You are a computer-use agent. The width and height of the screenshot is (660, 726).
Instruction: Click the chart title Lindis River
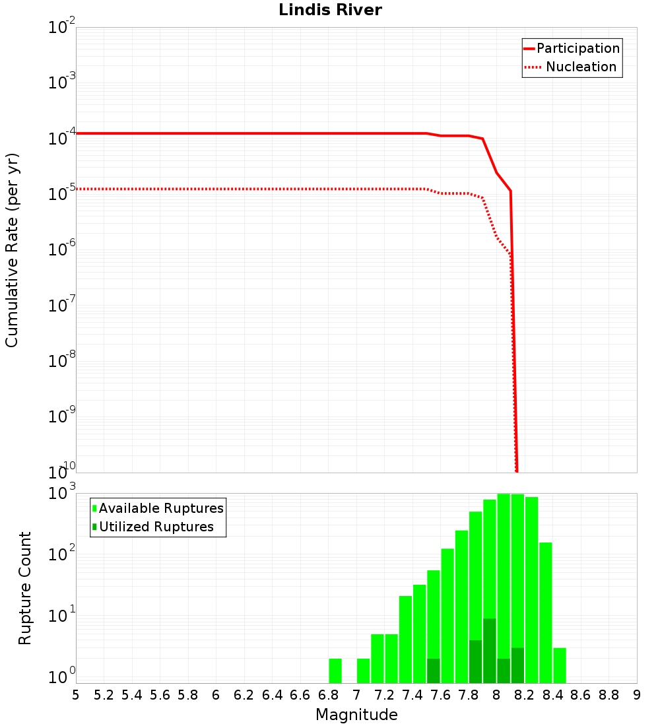tap(330, 10)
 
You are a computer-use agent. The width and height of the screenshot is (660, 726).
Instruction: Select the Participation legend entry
tap(577, 48)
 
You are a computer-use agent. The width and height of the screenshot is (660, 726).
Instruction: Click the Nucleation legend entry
tap(581, 67)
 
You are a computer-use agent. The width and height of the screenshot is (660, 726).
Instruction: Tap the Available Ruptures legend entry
tap(161, 508)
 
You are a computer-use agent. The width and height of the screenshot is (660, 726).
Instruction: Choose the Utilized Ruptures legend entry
tap(156, 527)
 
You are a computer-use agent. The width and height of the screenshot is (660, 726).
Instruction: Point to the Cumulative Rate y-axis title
tap(13, 250)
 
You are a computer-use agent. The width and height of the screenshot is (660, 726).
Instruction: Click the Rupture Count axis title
tap(25, 588)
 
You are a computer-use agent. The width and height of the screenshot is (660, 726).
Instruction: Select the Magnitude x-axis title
tap(356, 715)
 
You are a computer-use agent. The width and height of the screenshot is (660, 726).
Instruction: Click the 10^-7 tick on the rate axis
tap(63, 305)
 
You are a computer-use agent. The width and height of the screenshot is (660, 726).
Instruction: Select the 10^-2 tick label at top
tap(63, 28)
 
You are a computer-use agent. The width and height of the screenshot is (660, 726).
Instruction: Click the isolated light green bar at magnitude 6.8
tap(335, 671)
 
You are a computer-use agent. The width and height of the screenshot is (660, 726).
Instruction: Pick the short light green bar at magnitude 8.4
tap(560, 665)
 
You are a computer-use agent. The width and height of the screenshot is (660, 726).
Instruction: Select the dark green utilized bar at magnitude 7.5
tap(434, 671)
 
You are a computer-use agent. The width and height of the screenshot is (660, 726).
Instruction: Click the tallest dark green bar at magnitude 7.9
tap(490, 650)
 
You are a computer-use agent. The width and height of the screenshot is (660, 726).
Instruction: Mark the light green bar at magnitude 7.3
tap(405, 639)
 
